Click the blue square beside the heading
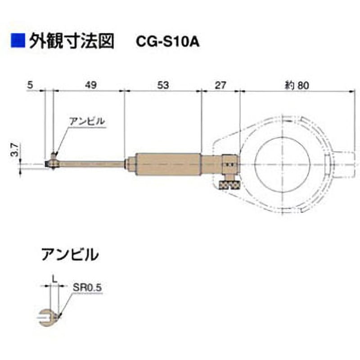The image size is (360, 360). pos(18,41)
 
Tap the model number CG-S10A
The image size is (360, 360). pos(167,42)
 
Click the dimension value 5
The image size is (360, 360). pos(30,85)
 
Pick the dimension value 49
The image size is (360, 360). pos(91,85)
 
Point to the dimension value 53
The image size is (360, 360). pos(163,85)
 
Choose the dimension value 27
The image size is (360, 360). pos(220,85)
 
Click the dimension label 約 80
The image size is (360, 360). pos(297,85)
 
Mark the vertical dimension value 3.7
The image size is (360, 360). pos(15,149)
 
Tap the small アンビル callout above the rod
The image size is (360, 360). pos(87,121)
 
